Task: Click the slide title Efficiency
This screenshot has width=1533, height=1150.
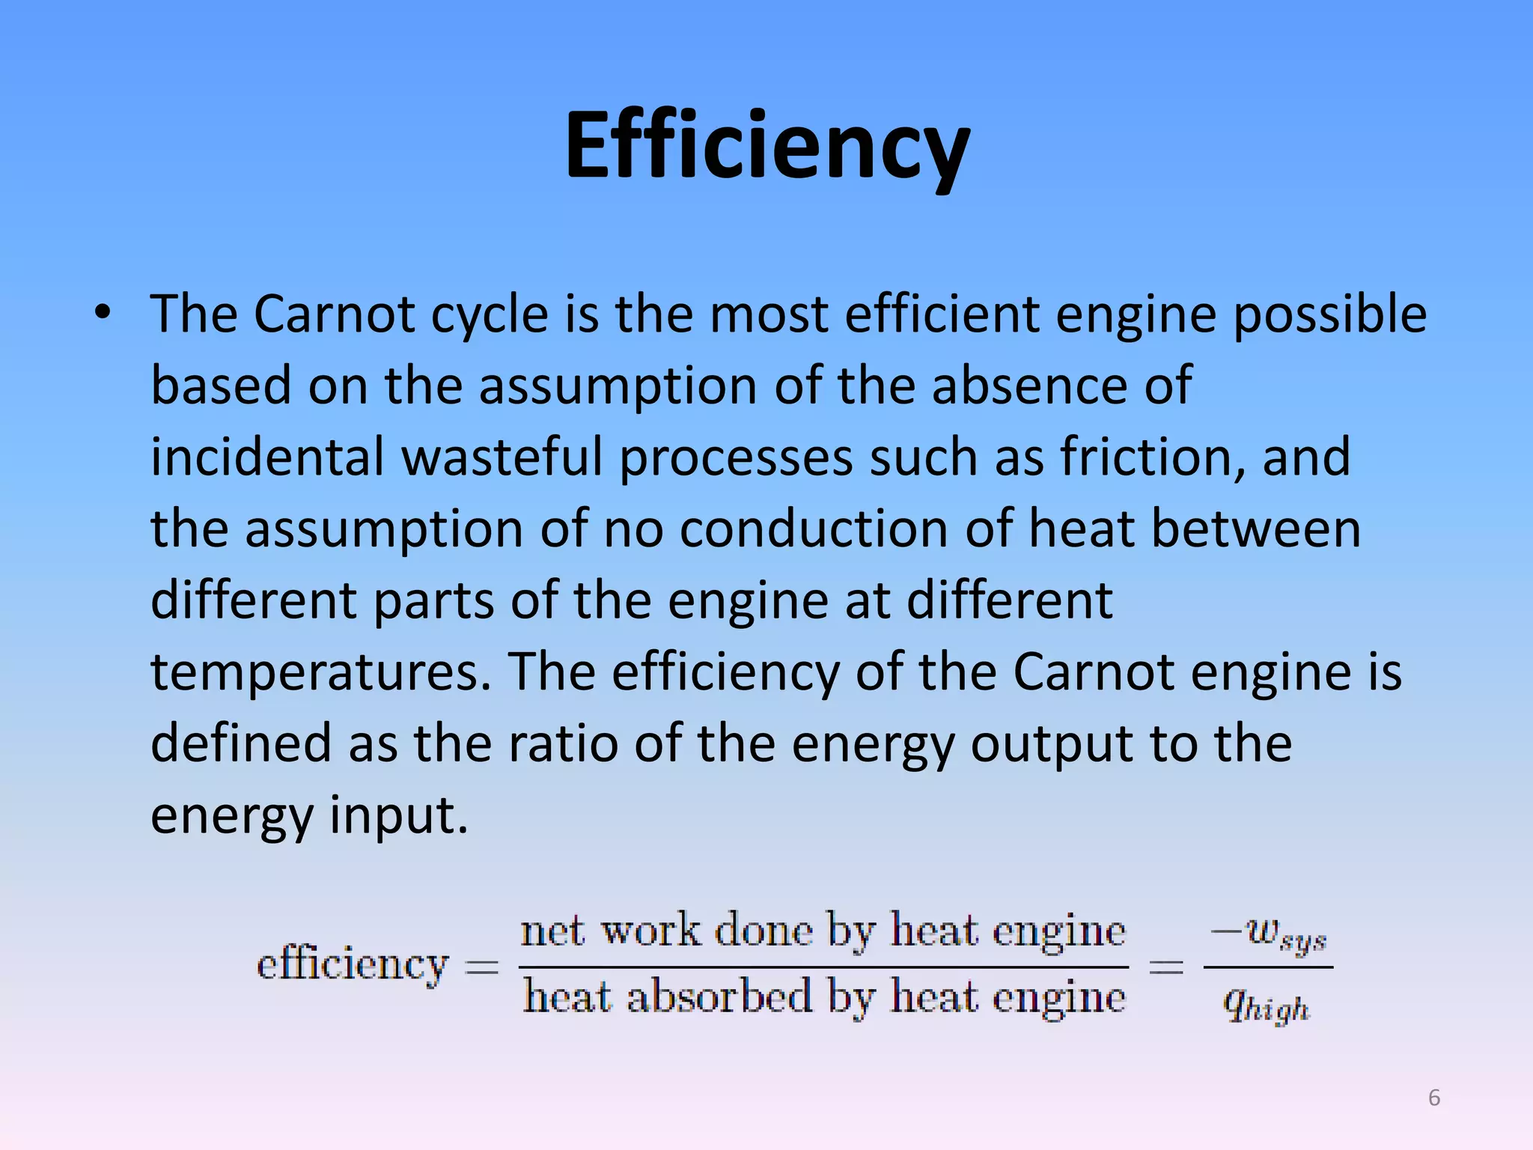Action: tap(766, 146)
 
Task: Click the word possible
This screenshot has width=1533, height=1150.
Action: tap(1329, 314)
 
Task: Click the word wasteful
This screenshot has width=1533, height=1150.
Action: tap(502, 457)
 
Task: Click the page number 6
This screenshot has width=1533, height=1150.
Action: tap(1433, 1098)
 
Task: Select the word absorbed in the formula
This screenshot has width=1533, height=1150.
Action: tap(719, 997)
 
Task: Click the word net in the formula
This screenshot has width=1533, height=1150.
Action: tap(552, 932)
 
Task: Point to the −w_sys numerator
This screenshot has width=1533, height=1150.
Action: tap(1269, 935)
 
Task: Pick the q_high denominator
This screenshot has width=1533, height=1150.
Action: tap(1266, 1005)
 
